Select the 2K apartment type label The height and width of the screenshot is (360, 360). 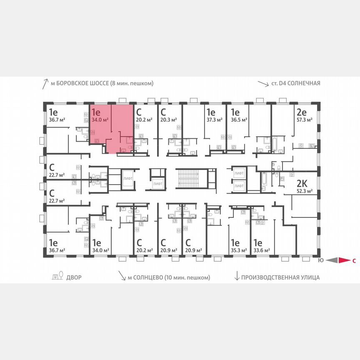(x=302, y=184)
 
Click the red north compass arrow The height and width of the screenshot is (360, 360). (x=344, y=261)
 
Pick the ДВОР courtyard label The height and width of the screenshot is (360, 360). (x=74, y=277)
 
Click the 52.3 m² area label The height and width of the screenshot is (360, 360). (x=304, y=192)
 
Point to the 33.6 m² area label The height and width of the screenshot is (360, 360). (x=261, y=250)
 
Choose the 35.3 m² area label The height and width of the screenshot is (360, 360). (x=239, y=250)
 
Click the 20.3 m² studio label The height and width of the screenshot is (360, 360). (x=169, y=120)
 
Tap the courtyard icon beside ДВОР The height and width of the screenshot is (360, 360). (x=57, y=276)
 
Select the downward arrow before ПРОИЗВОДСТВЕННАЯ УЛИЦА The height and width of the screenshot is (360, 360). (x=237, y=277)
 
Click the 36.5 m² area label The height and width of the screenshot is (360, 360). (x=239, y=120)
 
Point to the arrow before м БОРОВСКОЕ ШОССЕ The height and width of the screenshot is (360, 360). (x=45, y=84)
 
